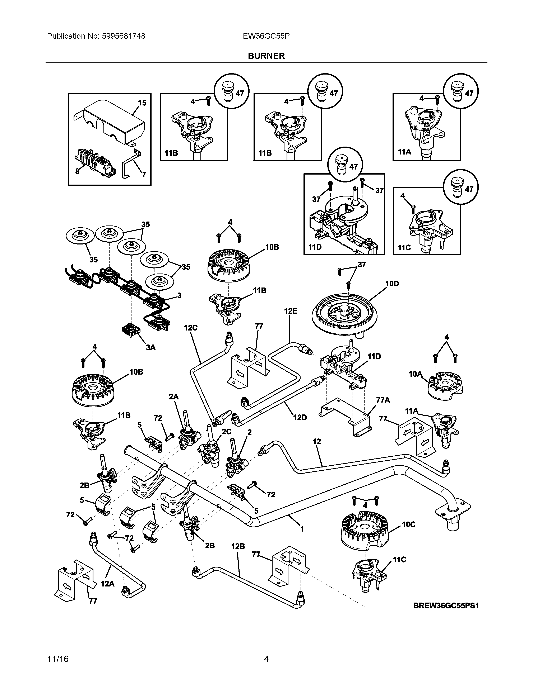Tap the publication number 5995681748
coord(124,36)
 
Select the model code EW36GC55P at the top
coord(266,36)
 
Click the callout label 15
coord(142,103)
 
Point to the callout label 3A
coord(151,347)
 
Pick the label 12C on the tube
coord(191,328)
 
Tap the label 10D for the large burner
coord(392,284)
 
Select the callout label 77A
coord(383,400)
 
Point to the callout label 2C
coord(226,432)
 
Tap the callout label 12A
coord(108,584)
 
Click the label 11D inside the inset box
coord(315,247)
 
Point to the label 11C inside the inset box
coord(404,248)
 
